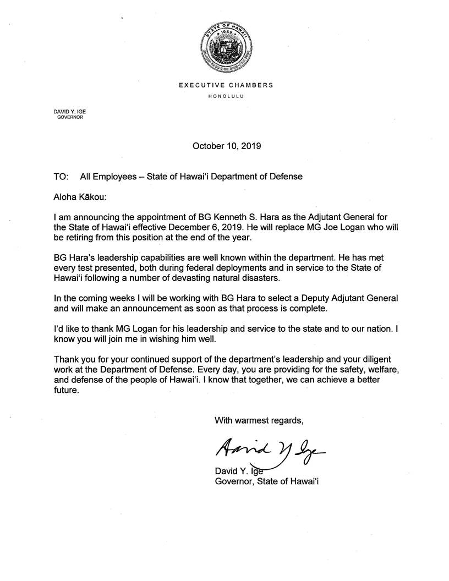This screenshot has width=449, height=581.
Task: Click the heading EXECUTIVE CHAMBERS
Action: click(x=226, y=85)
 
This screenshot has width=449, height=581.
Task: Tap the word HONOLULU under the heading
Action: click(x=226, y=96)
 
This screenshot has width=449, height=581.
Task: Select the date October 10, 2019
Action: click(x=226, y=146)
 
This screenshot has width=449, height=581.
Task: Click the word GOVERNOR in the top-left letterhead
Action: click(x=70, y=117)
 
